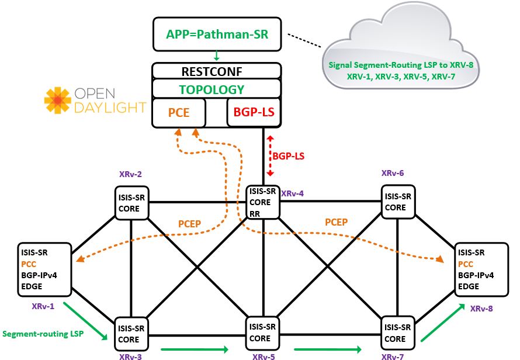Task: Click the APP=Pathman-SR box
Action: coord(217,33)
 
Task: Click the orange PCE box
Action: coord(179,112)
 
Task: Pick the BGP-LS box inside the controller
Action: coord(254,112)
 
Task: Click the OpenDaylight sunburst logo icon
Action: coord(58,100)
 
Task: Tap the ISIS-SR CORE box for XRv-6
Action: coord(398,202)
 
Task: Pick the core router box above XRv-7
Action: coord(398,333)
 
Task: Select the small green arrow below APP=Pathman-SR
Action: coord(217,57)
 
